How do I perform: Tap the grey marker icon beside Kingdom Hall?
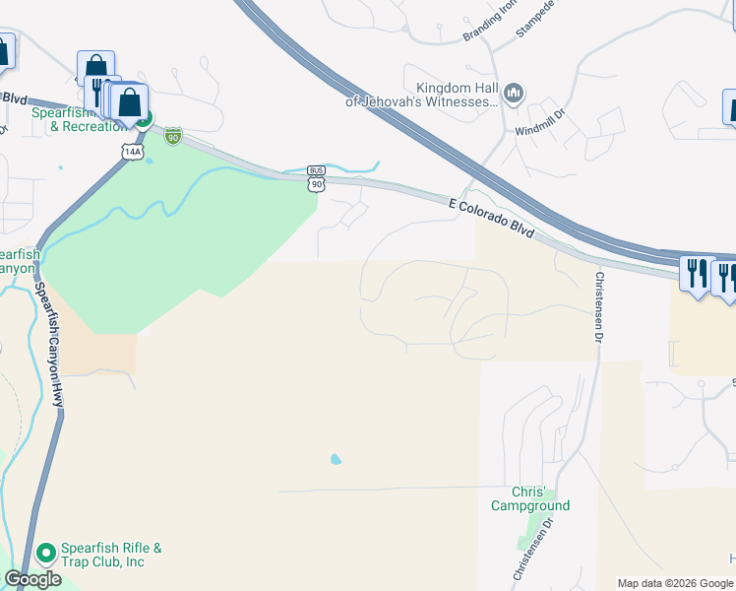(x=513, y=95)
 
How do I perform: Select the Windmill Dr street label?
(x=536, y=122)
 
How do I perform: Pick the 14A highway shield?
(x=133, y=152)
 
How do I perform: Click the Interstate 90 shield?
(x=173, y=135)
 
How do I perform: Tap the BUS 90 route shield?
(x=316, y=178)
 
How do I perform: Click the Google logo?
(x=32, y=579)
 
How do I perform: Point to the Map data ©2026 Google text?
(x=674, y=583)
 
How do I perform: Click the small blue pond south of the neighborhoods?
(x=337, y=459)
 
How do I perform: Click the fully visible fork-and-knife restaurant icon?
(x=696, y=273)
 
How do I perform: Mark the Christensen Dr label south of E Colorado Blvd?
(x=595, y=305)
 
